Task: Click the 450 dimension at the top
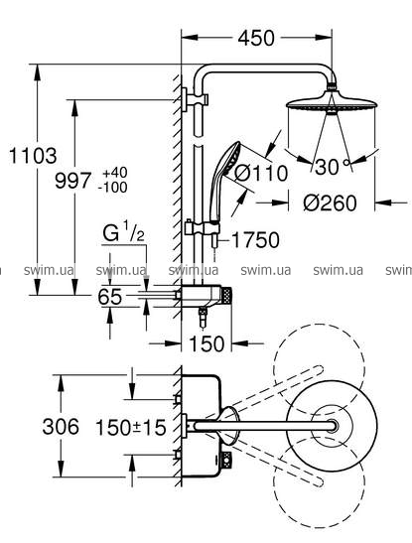tap(256, 38)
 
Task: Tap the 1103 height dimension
tap(33, 156)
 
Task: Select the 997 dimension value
tap(73, 181)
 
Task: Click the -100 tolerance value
tap(112, 188)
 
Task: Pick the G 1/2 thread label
tap(123, 231)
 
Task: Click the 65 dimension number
tap(110, 297)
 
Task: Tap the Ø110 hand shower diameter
tap(261, 173)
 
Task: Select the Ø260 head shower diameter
tap(330, 203)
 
